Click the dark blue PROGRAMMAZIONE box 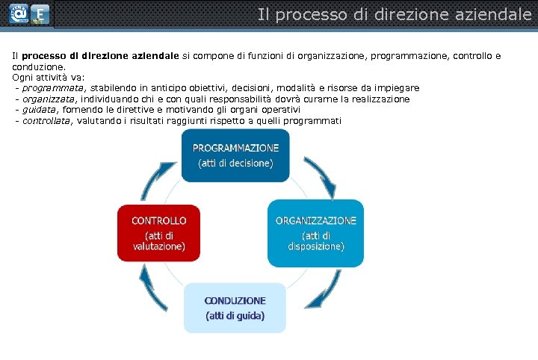pyautogui.click(x=235, y=155)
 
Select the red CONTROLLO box pyautogui.click(x=158, y=232)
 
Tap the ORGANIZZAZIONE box pyautogui.click(x=315, y=232)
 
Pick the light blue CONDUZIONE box pyautogui.click(x=235, y=308)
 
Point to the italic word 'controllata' pyautogui.click(x=46, y=121)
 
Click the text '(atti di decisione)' pyautogui.click(x=235, y=163)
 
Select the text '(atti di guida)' pyautogui.click(x=235, y=315)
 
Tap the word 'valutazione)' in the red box pyautogui.click(x=159, y=245)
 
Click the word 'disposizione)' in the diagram pyautogui.click(x=316, y=245)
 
